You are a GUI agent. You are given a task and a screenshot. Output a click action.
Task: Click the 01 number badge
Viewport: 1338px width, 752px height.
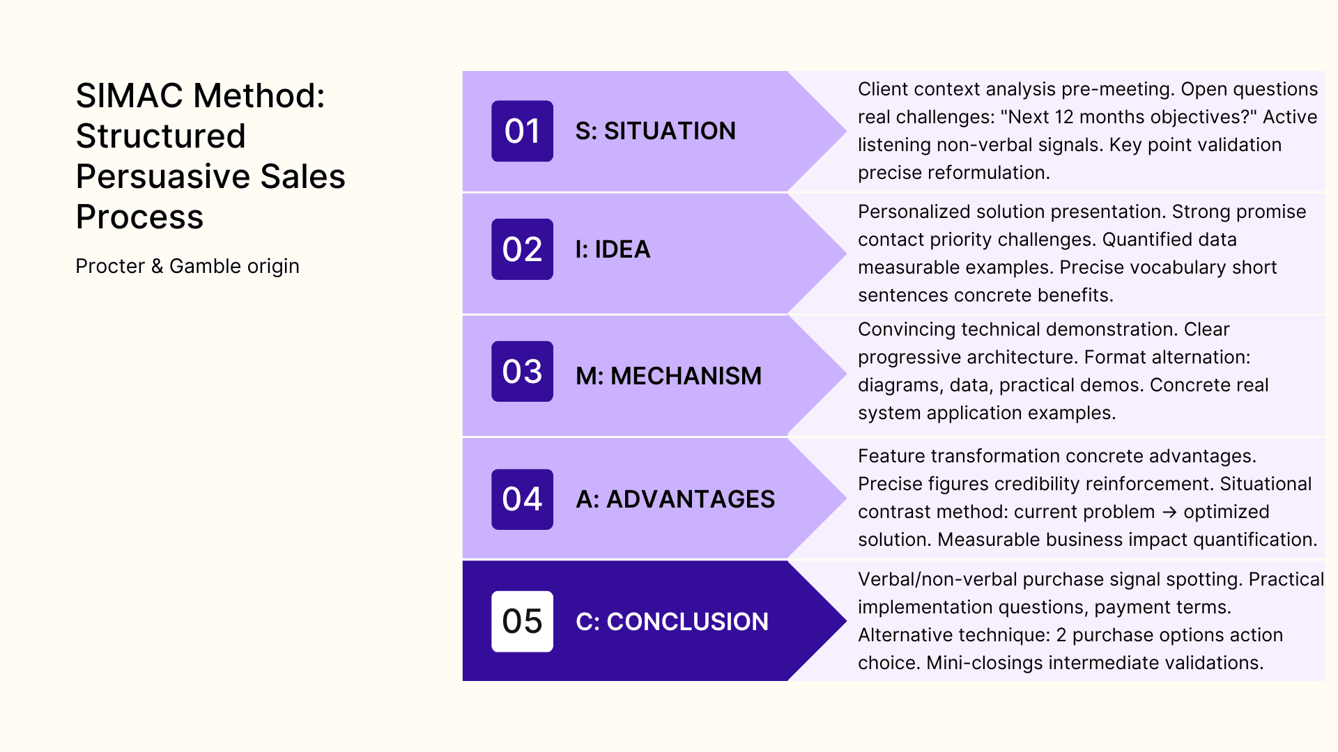coord(522,131)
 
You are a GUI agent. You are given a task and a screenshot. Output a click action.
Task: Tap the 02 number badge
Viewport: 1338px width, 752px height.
coord(522,249)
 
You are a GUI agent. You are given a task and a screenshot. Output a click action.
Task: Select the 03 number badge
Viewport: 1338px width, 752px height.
coord(522,371)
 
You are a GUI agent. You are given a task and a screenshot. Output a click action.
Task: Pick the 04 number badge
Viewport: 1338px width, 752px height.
coord(522,499)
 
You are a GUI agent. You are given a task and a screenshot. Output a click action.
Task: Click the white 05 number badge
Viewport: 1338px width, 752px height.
coord(522,621)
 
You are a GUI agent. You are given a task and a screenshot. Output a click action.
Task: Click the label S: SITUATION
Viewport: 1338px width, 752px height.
coord(655,131)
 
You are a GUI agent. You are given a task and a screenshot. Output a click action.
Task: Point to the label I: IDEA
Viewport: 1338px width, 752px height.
coord(613,249)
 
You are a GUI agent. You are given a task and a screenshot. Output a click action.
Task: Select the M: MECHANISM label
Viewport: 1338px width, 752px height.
coord(668,376)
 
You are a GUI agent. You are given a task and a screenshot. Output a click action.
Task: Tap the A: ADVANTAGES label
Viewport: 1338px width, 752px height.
coord(675,499)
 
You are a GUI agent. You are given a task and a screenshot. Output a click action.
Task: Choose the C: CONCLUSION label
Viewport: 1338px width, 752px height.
coord(672,622)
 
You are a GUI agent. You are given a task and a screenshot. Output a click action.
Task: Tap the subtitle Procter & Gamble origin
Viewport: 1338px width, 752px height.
coord(187,266)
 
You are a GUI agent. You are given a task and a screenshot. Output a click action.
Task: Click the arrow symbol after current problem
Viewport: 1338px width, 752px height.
coord(1169,512)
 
